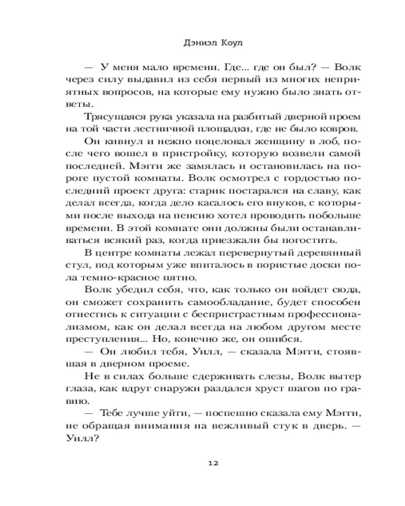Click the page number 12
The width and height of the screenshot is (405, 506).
(x=213, y=462)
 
